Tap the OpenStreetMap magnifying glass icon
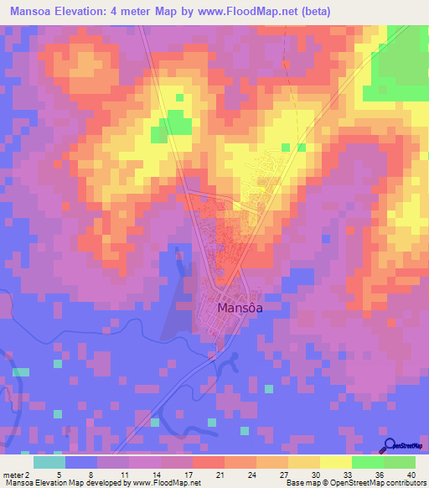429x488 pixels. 390,444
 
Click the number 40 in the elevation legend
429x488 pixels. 411,474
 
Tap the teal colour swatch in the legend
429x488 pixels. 49,462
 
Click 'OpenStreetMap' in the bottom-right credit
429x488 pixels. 359,483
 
